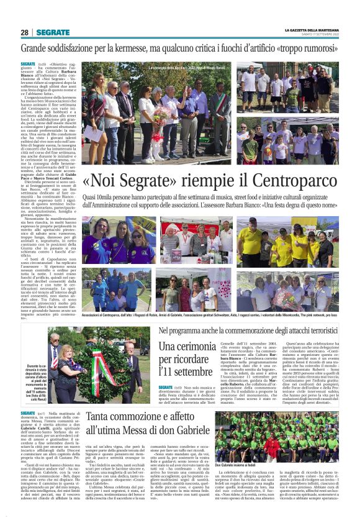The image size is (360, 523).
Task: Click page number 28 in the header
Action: coord(24,32)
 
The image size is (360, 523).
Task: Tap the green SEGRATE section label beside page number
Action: coord(53,32)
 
